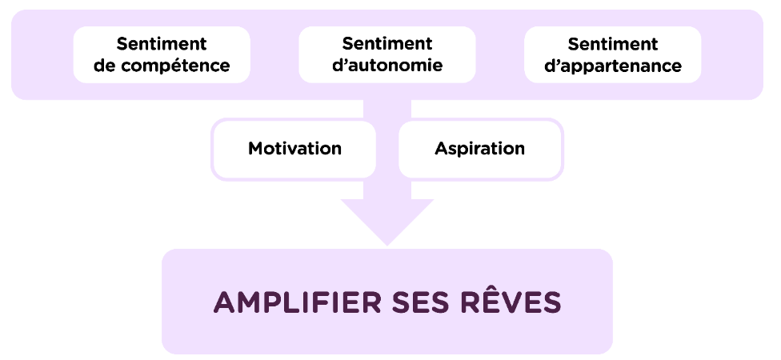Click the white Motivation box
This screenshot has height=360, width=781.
(x=294, y=149)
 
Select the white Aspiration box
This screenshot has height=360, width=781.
(x=480, y=149)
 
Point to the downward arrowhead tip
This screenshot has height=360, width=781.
(x=387, y=242)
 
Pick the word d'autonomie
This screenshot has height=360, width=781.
(x=387, y=66)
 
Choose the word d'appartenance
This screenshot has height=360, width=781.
(x=613, y=66)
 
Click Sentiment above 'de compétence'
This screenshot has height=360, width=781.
(x=162, y=44)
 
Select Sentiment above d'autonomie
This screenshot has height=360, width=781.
(x=387, y=44)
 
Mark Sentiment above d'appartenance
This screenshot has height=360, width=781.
(x=613, y=44)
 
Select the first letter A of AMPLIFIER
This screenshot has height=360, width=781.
(x=224, y=302)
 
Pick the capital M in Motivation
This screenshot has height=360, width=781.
(x=255, y=149)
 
